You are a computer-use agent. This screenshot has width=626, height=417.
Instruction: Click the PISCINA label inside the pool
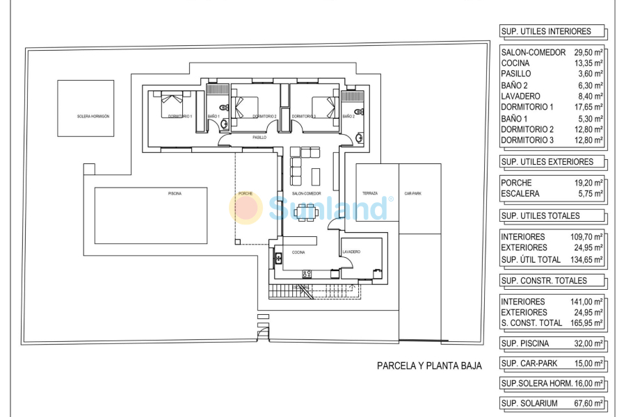175,193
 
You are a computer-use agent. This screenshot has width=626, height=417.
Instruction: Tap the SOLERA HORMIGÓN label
93,116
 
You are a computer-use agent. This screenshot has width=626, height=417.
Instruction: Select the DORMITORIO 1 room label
180,116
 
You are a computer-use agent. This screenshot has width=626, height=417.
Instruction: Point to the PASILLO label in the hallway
259,138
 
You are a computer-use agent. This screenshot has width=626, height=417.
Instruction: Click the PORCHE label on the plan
246,193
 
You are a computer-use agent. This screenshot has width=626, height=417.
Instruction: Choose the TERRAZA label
370,193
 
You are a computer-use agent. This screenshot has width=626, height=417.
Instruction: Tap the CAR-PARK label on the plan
413,193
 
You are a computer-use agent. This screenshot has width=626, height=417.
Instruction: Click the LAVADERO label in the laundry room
351,252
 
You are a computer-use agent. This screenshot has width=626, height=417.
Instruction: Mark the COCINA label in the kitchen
298,252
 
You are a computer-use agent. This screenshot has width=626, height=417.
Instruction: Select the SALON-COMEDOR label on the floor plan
306,193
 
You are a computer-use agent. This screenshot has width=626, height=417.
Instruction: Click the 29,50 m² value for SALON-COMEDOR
588,53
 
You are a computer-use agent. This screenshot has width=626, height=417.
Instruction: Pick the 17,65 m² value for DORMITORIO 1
588,107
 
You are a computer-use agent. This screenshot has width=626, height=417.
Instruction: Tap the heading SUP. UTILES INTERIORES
546,31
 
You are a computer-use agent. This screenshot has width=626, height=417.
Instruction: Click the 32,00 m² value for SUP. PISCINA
588,343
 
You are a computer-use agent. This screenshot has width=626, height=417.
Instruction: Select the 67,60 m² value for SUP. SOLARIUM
588,404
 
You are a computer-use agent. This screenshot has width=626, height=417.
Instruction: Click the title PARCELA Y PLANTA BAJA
429,365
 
